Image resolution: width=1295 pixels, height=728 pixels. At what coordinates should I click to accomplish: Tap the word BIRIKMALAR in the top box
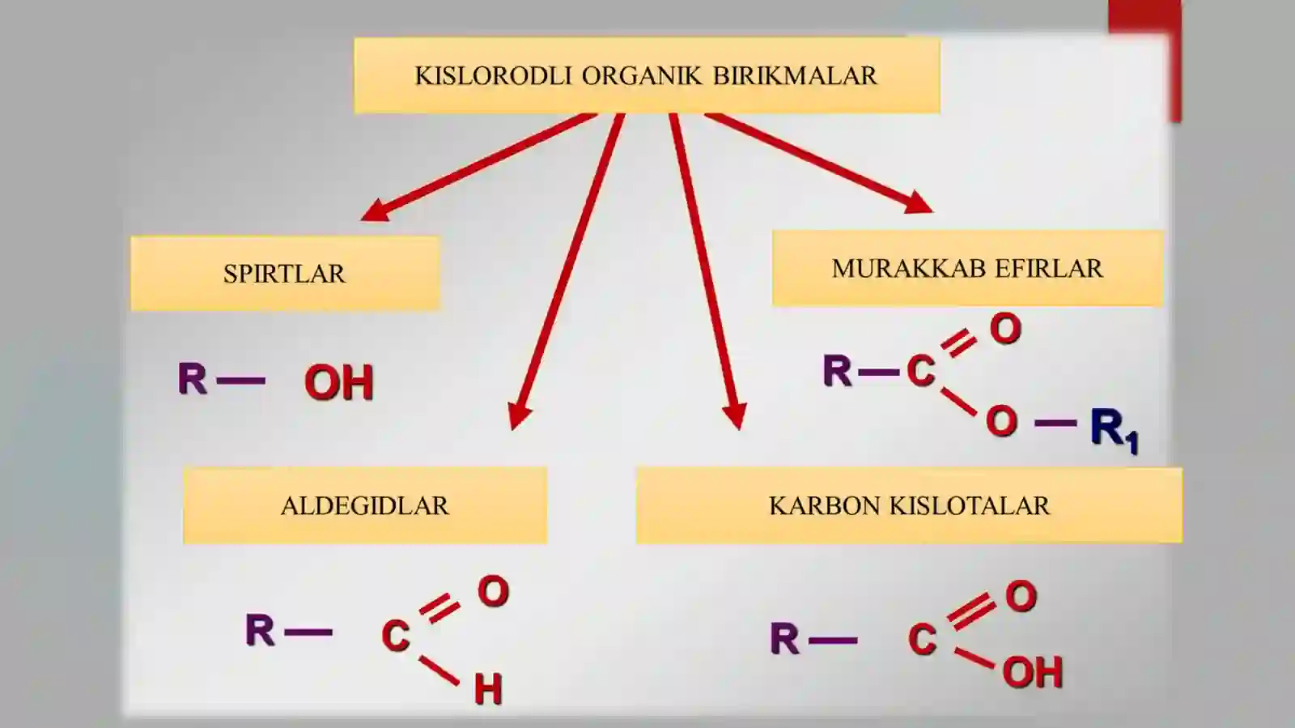point(795,76)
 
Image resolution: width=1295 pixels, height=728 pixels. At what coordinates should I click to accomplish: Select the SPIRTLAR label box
point(285,273)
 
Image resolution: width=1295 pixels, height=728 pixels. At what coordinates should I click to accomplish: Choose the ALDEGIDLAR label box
point(365,505)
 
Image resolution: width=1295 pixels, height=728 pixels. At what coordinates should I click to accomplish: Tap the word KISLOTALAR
point(970,506)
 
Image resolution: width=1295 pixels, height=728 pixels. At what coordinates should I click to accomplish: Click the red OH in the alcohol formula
point(339,382)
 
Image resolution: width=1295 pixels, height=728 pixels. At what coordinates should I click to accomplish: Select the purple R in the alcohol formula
point(192,378)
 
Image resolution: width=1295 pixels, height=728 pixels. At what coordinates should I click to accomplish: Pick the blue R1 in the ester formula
point(1115,431)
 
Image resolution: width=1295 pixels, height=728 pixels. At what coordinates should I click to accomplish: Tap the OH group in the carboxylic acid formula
point(1033,672)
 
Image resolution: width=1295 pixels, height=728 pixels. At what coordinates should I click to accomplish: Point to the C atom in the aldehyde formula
point(396,636)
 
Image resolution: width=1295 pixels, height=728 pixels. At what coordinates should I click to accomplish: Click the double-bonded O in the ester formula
point(1005,329)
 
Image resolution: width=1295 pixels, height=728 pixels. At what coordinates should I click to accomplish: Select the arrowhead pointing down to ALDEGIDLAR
point(519,415)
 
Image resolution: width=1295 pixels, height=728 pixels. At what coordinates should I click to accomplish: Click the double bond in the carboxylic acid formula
point(971,611)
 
